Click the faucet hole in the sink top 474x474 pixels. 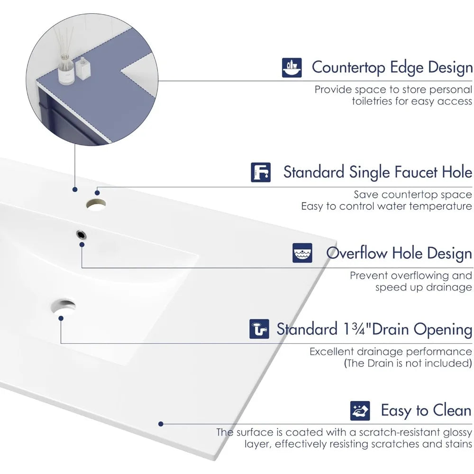(96, 205)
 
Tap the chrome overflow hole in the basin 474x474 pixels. (82, 233)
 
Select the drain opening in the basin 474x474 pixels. (64, 306)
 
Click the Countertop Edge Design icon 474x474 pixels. (292, 68)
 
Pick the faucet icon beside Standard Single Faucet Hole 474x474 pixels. (261, 172)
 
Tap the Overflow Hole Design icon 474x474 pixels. (302, 253)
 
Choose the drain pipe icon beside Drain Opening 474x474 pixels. (259, 329)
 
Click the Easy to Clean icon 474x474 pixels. (360, 410)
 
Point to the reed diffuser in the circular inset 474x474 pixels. (64, 59)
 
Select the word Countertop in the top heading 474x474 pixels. (348, 68)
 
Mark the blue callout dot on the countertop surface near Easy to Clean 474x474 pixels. (161, 424)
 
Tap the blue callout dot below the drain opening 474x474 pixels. (61, 318)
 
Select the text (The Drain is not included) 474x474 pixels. (408, 364)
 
